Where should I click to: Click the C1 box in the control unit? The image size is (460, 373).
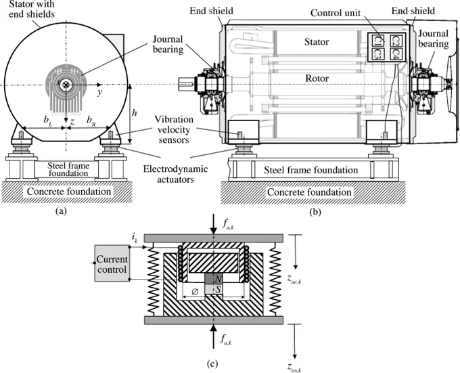[378, 41]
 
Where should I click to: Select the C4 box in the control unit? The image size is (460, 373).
[396, 54]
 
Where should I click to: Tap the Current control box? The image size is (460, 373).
[112, 263]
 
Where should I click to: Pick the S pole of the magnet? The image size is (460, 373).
[213, 290]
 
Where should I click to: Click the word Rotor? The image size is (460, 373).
[317, 79]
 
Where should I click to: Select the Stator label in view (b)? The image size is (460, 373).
[317, 42]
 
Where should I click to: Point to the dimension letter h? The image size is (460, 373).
[135, 112]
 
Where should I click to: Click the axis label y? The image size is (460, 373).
[100, 93]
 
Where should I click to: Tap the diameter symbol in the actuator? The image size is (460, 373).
[195, 292]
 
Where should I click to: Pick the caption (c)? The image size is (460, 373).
[212, 364]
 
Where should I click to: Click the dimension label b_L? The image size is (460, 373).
[48, 120]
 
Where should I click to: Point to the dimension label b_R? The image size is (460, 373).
[91, 120]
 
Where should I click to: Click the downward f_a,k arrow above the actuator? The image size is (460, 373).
[214, 224]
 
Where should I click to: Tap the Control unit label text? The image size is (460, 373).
[336, 13]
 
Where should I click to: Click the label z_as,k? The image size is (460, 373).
[294, 368]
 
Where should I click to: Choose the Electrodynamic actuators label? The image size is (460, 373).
[175, 174]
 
